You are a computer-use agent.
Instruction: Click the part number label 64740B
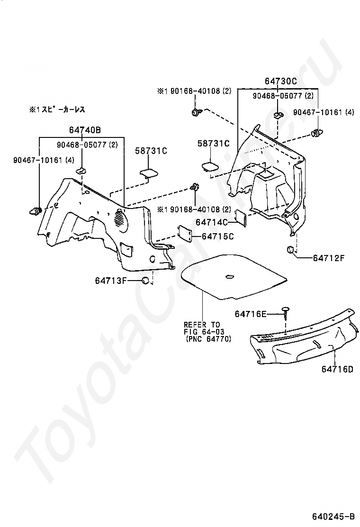click(x=85, y=130)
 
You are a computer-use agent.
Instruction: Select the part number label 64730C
click(x=280, y=82)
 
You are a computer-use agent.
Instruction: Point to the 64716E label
click(x=251, y=314)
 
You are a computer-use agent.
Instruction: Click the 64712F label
click(x=328, y=258)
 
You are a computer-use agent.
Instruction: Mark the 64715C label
click(x=218, y=236)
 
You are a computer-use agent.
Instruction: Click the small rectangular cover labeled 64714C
click(x=241, y=218)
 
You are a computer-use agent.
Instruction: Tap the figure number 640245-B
click(x=333, y=516)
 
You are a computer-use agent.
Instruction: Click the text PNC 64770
click(x=208, y=339)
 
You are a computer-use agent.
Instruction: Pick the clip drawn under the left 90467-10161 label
click(x=37, y=210)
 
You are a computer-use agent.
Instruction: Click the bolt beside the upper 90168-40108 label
click(x=196, y=113)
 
